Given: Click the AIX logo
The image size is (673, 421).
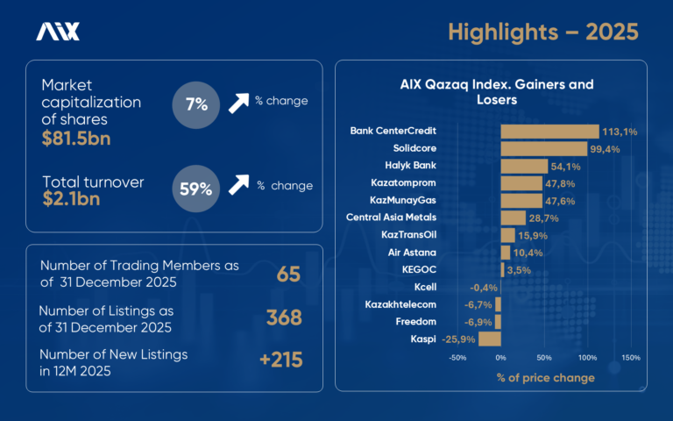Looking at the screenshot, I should (58, 32).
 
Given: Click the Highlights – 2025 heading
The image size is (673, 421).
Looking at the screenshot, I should (543, 32).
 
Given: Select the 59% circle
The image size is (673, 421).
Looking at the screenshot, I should (196, 188).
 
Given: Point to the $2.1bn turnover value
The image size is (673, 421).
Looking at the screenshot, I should (71, 198).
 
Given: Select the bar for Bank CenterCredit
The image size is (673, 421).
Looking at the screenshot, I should (549, 132).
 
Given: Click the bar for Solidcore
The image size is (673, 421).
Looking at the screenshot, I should (543, 148).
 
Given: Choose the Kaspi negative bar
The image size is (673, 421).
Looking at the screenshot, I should (490, 339).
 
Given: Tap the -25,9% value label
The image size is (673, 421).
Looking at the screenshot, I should (457, 339).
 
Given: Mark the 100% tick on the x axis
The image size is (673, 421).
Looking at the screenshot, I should (586, 358).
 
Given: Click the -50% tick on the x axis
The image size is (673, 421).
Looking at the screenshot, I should (457, 358).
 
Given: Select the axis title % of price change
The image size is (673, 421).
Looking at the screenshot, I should (544, 378).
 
